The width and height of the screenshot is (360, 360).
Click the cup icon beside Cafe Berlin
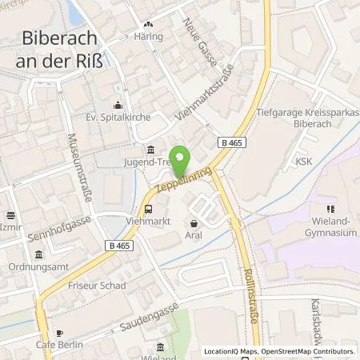point(58,332)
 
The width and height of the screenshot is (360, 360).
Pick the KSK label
point(302,160)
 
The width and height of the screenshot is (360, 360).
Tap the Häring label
point(149,37)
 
